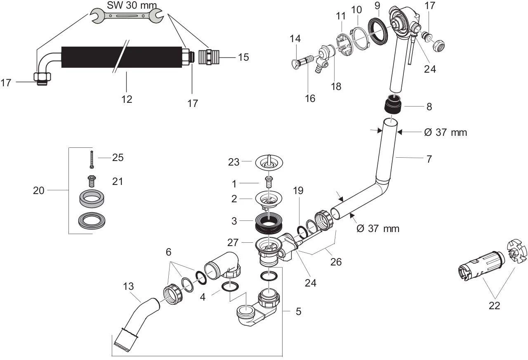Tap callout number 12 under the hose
pyautogui.click(x=127, y=99)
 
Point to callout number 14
pyautogui.click(x=295, y=39)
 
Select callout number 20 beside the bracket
pyautogui.click(x=38, y=190)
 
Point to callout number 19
pyautogui.click(x=298, y=191)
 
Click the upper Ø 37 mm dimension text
pyautogui.click(x=445, y=133)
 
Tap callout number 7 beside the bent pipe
pyautogui.click(x=429, y=159)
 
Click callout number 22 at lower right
pyautogui.click(x=494, y=306)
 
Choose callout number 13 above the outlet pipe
pyautogui.click(x=128, y=286)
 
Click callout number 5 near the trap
pyautogui.click(x=298, y=311)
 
